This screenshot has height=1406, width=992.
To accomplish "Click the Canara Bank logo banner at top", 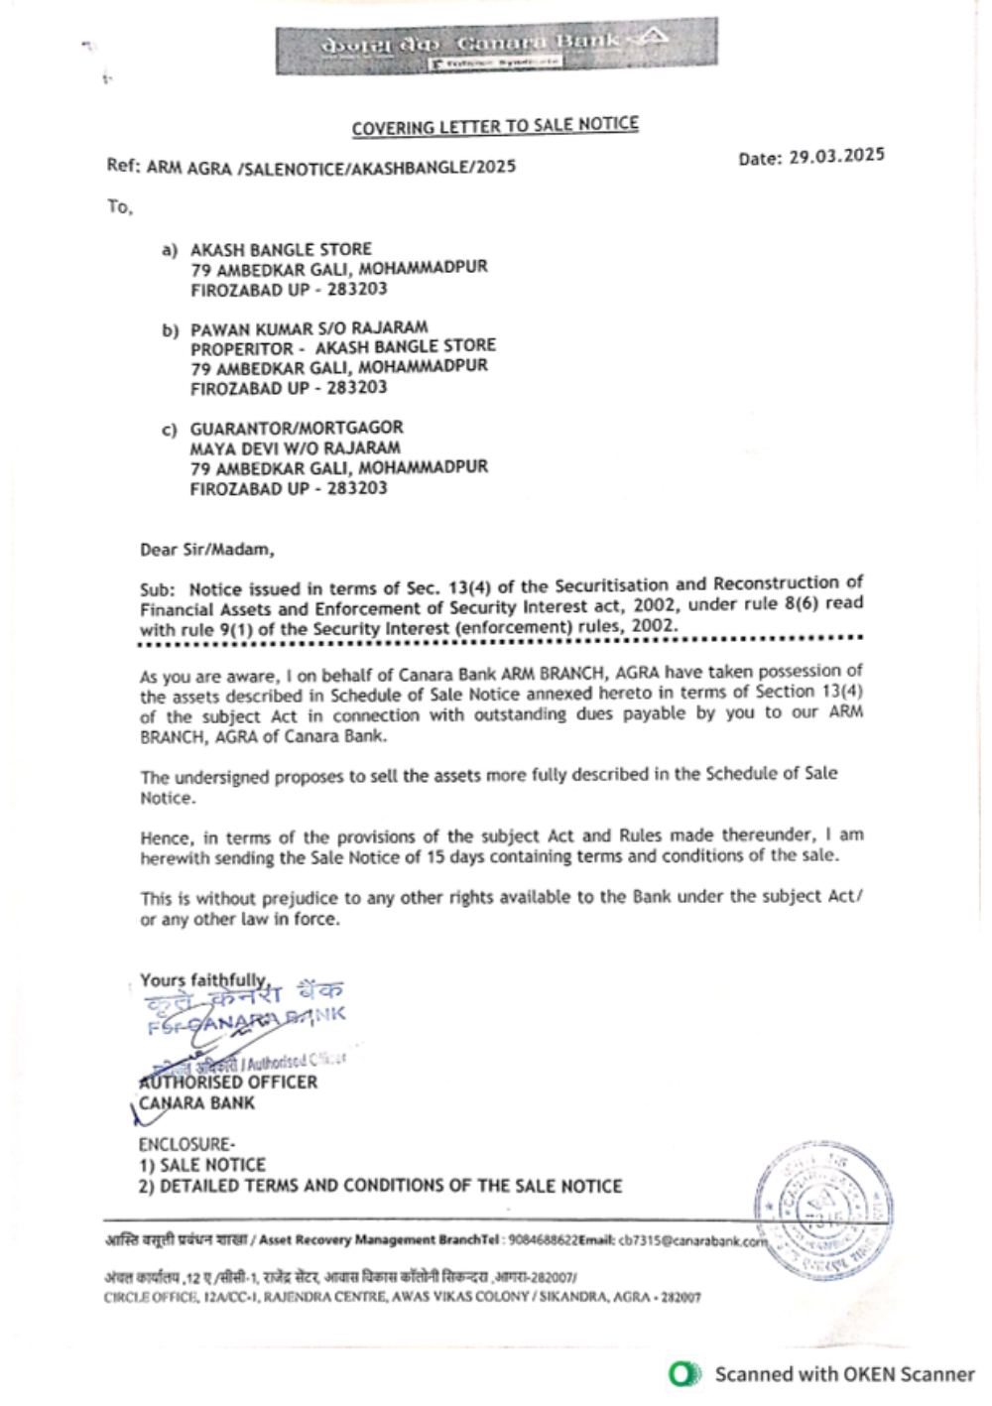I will pos(496,45).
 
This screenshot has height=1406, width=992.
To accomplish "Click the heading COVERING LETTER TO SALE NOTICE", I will pos(495,126).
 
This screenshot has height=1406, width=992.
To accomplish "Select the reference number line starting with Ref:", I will pos(310,166).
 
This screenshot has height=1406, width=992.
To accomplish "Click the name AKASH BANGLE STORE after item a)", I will pos(281,249).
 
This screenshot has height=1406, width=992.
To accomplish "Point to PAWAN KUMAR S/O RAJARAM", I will pos(309,327).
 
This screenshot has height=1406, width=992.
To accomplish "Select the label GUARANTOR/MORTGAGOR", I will pos(297,428).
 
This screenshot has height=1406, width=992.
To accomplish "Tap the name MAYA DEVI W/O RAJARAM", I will pos(295,447).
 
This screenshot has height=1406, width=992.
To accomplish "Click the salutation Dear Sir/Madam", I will pos(206,549).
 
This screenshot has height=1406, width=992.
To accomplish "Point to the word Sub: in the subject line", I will pos(157,589).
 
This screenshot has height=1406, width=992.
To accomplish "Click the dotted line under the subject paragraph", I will pos(501,640).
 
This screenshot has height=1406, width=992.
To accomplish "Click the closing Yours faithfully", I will pos(204,980).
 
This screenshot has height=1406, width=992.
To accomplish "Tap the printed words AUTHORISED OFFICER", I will pos(228,1082).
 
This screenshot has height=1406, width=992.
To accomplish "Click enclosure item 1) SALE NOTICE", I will pos(202,1165).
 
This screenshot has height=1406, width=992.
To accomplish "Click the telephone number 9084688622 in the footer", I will pos(543,1239).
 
